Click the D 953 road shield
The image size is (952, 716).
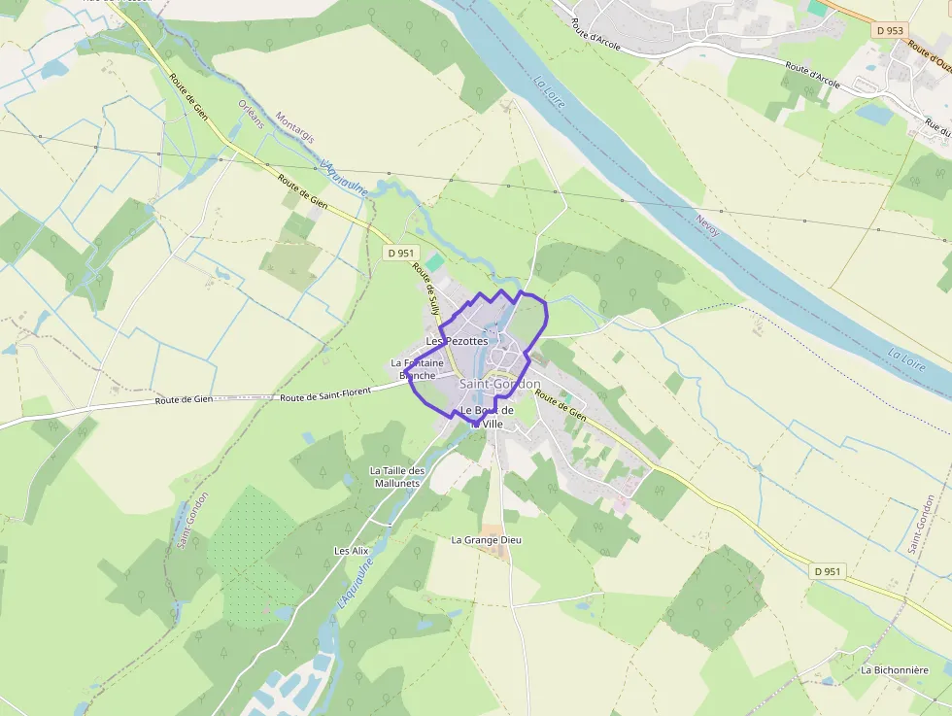pos(889,31)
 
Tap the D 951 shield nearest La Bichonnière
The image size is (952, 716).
pos(826,572)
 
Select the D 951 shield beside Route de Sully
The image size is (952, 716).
pos(400,253)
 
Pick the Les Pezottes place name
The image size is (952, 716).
pos(457,341)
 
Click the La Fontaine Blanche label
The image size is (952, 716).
pos(417,369)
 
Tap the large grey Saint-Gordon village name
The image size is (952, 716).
pos(499,385)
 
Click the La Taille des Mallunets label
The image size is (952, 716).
pos(397,476)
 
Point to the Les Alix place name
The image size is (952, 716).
pos(352,551)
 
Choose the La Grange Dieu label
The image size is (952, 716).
pos(487,539)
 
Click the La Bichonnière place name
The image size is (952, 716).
pos(895,670)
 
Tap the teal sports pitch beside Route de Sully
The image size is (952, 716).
pos(434,263)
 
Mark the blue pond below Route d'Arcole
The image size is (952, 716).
pos(874,114)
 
